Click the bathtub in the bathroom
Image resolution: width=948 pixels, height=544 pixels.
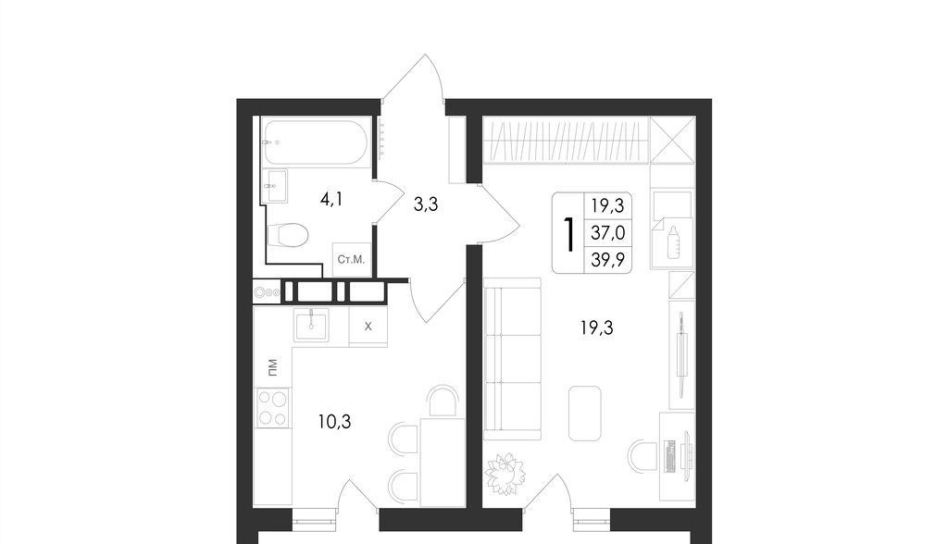(x=316, y=142)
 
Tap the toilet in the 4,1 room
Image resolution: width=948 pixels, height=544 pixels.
(x=288, y=234)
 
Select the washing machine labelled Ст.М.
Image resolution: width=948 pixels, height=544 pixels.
(x=351, y=260)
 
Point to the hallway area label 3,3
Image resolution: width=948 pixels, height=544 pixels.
(x=426, y=204)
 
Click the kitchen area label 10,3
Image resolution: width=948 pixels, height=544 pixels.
(x=334, y=421)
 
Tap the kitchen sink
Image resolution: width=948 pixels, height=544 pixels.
(x=311, y=325)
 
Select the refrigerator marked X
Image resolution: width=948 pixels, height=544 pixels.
(x=368, y=327)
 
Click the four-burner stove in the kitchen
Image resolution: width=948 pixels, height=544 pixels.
(x=273, y=407)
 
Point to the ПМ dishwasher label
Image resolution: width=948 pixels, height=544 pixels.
(x=273, y=366)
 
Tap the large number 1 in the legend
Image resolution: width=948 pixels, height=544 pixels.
(x=568, y=234)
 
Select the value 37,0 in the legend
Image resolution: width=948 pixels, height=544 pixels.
(x=608, y=232)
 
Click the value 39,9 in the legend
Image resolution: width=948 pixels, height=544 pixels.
(x=608, y=259)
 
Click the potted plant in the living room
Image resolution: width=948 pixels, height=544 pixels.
(x=505, y=473)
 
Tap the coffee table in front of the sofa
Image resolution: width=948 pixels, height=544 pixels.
(x=585, y=414)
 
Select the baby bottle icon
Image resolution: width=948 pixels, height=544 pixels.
(x=673, y=242)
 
